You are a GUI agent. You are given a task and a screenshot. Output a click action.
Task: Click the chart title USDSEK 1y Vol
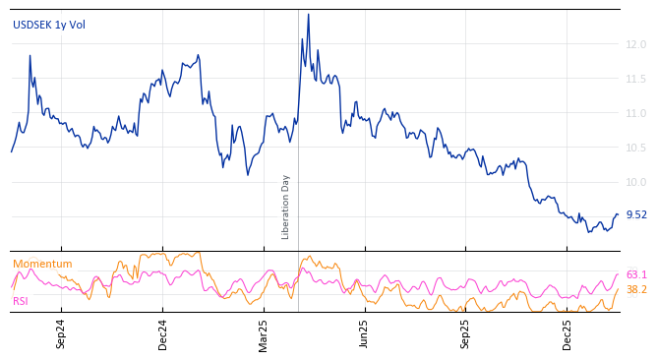(49, 25)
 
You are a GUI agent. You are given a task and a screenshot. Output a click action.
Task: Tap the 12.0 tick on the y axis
(635, 44)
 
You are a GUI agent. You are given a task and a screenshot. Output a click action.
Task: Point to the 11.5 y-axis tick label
(635, 79)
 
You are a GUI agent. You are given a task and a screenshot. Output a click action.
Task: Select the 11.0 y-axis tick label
(635, 113)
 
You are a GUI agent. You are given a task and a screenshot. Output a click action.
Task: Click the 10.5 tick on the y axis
(635, 148)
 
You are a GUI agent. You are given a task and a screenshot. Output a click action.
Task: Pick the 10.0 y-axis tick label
(635, 182)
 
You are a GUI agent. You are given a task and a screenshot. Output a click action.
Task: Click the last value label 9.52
(636, 214)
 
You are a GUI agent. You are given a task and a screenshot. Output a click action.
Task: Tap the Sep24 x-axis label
(61, 333)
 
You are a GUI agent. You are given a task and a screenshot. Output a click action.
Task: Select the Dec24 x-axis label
(163, 333)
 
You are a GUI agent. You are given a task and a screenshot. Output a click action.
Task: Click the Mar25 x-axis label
(264, 333)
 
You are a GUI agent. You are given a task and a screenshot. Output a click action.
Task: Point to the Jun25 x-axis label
(365, 333)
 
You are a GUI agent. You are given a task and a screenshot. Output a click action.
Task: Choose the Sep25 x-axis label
(466, 333)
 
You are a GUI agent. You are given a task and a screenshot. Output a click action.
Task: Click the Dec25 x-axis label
(567, 333)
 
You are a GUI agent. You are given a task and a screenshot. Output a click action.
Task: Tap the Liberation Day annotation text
(286, 207)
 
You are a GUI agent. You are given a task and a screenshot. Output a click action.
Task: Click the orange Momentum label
(42, 264)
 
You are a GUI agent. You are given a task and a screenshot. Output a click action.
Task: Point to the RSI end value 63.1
(636, 274)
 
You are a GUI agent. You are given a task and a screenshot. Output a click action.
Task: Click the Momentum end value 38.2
(636, 289)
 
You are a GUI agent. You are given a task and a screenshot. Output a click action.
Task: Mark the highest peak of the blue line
(308, 15)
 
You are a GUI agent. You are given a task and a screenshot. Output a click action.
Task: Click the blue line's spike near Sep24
(30, 56)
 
